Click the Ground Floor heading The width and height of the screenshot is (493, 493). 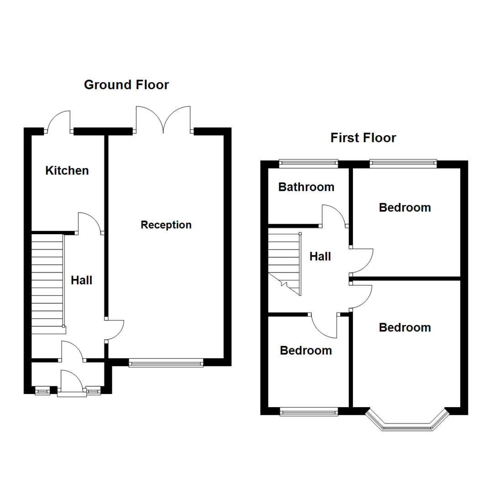pos(126,85)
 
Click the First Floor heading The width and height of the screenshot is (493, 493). pos(363,138)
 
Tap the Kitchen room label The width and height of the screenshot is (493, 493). pos(67,171)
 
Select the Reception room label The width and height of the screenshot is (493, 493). pos(166,225)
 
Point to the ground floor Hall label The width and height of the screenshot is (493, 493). pos(82,280)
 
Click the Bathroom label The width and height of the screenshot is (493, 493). pos(306,187)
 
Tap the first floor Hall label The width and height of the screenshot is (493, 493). pos(320,257)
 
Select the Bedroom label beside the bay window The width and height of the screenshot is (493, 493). pos(405,328)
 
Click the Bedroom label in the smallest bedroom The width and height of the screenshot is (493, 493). pos(306,351)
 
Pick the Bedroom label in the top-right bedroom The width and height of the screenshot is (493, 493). pos(405,208)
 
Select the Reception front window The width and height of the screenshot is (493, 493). pos(166,363)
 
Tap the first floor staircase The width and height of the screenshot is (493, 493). pos(283,262)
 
